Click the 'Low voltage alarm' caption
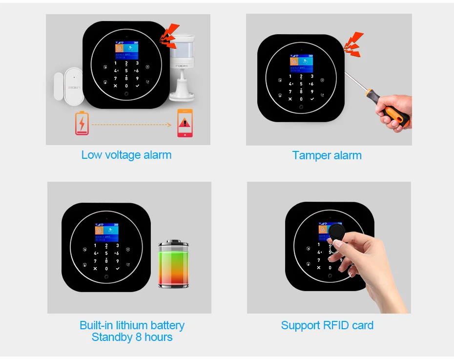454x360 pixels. point(126,155)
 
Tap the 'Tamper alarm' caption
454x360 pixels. point(327,155)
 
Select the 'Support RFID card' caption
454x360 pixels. point(327,325)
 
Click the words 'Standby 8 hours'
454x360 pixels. point(132,337)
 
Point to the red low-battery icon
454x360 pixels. point(82,123)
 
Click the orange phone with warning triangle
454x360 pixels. point(185,123)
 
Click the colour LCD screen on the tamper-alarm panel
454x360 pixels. point(301,63)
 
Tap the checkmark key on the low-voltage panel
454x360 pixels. point(138,85)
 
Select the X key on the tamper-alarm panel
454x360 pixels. point(290,99)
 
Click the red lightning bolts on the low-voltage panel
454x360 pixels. point(170,36)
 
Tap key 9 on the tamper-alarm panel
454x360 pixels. point(312,91)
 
